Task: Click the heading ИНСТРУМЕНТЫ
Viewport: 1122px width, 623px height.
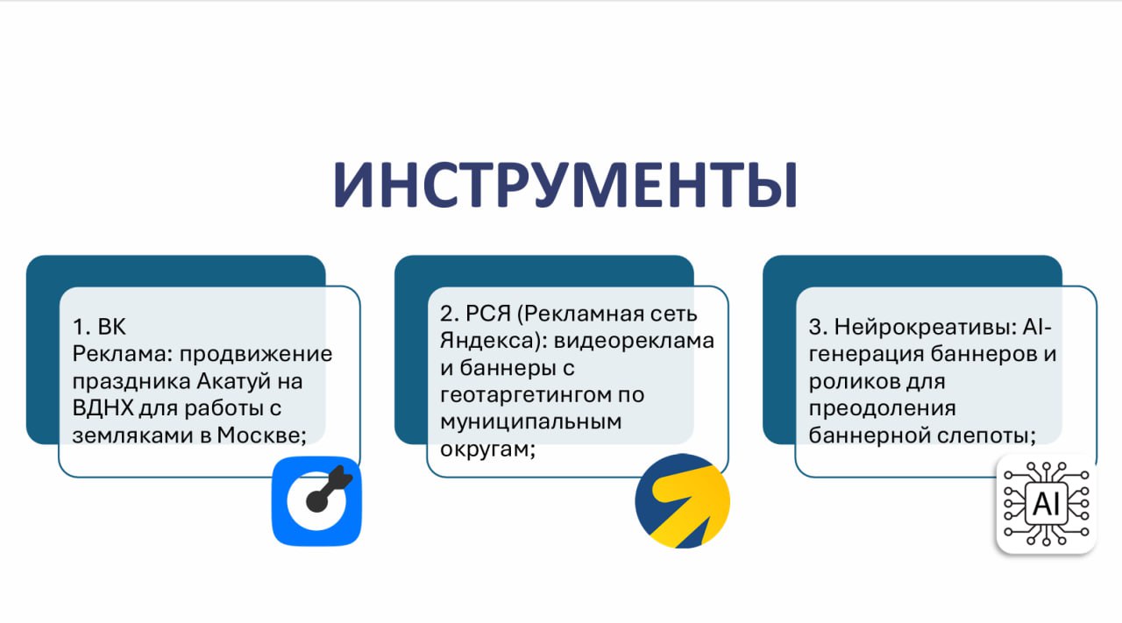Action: click(x=565, y=185)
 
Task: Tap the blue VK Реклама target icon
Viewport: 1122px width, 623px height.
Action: click(x=316, y=501)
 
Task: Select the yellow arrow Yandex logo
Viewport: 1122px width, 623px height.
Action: click(x=682, y=501)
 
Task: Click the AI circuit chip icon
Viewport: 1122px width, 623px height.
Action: click(x=1047, y=504)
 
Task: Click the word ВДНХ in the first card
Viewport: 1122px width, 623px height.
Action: click(x=103, y=408)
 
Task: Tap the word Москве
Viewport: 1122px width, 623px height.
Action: click(x=261, y=435)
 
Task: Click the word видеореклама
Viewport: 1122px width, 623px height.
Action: click(x=634, y=341)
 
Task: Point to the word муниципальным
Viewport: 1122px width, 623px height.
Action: click(x=531, y=422)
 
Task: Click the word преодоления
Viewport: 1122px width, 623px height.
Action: click(x=882, y=408)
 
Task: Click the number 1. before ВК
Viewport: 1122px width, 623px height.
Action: click(x=82, y=328)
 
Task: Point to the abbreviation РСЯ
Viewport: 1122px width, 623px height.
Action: click(x=488, y=314)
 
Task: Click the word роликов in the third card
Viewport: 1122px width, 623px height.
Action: click(x=848, y=382)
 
